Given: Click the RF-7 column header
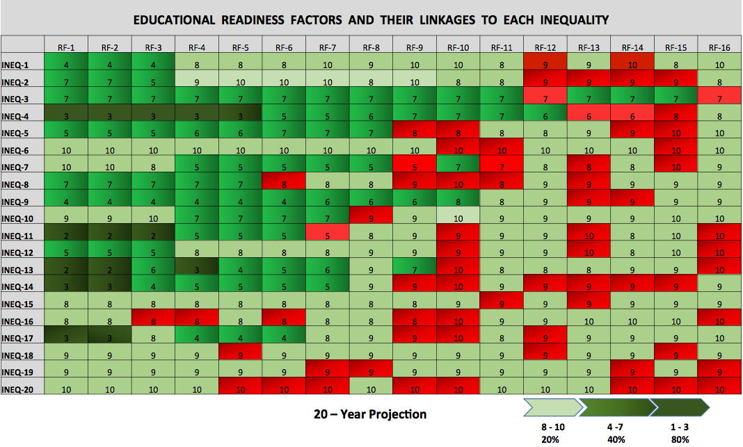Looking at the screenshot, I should pos(328,48).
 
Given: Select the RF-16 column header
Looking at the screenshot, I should pos(719,48).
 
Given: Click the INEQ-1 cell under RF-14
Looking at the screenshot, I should pos(632,65).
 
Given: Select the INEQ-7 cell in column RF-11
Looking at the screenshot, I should pos(502,168).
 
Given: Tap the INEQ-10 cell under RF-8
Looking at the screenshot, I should pos(371,218).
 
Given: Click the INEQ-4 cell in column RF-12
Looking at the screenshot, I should pos(545,116).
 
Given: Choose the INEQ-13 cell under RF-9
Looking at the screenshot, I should pos(415,270).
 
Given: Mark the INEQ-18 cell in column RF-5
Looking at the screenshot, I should pos(241,355).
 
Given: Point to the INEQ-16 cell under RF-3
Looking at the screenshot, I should pos(153,320).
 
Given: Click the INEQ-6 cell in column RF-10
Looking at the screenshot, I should pos(458,150).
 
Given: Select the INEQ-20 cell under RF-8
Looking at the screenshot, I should pos(371,389).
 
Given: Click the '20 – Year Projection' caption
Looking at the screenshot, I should pos(370,414).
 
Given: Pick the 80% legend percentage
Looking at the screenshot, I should pos(680,439).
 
